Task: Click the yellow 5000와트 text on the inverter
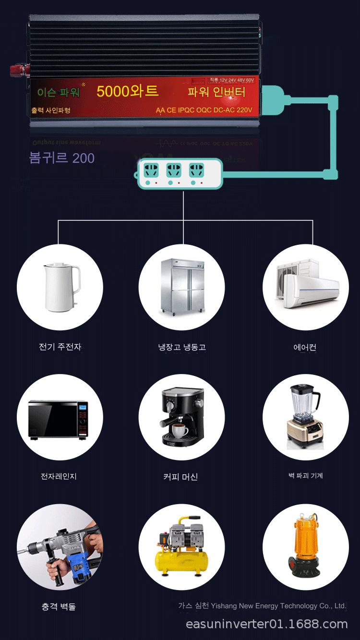[127, 91]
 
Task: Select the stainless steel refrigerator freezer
[182, 287]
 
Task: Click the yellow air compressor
[181, 548]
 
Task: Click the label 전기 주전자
[60, 347]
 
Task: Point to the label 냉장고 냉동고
[182, 347]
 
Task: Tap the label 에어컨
[305, 347]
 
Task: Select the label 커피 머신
[180, 477]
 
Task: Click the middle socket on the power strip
[173, 170]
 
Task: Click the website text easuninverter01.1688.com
[266, 624]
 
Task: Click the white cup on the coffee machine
[180, 431]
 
